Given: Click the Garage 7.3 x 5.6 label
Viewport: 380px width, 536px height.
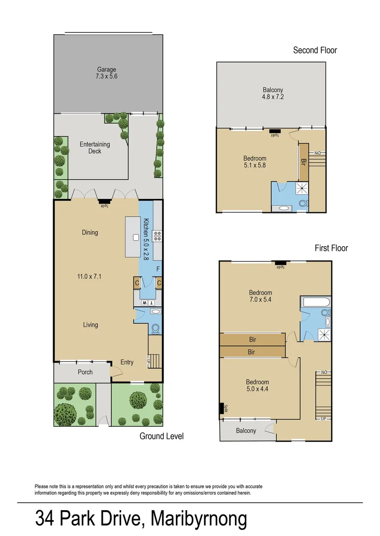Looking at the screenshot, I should [106, 73].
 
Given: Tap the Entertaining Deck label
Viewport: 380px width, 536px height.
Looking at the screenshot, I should [94, 147].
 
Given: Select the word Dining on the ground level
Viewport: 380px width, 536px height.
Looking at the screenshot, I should [90, 232].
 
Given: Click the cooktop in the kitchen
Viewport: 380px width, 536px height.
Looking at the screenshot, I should [157, 236].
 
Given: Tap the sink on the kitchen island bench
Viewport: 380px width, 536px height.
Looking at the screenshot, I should [135, 237].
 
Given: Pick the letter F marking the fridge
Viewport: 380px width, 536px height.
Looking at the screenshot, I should [158, 269].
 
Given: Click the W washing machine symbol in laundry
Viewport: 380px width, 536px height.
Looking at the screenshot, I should [144, 302].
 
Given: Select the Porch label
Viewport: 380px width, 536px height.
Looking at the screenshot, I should [85, 372].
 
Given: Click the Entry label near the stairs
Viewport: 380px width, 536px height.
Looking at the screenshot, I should [127, 362].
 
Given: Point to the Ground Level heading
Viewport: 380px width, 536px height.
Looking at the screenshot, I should [161, 436].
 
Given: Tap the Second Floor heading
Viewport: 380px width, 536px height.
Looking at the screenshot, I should [315, 50].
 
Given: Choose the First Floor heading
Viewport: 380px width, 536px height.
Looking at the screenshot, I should [331, 248].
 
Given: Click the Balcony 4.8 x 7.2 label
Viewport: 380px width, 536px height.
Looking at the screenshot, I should [273, 94].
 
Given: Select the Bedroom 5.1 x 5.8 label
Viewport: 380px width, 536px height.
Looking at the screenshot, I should [254, 162].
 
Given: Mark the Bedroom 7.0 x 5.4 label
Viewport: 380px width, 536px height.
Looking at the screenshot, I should [260, 296].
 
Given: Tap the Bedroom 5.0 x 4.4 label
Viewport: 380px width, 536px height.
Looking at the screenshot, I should [257, 386].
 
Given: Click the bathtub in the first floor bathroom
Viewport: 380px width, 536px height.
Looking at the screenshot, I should [315, 302].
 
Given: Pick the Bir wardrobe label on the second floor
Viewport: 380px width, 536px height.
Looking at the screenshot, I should [303, 162].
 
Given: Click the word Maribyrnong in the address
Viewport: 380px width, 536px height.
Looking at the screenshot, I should [199, 519].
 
